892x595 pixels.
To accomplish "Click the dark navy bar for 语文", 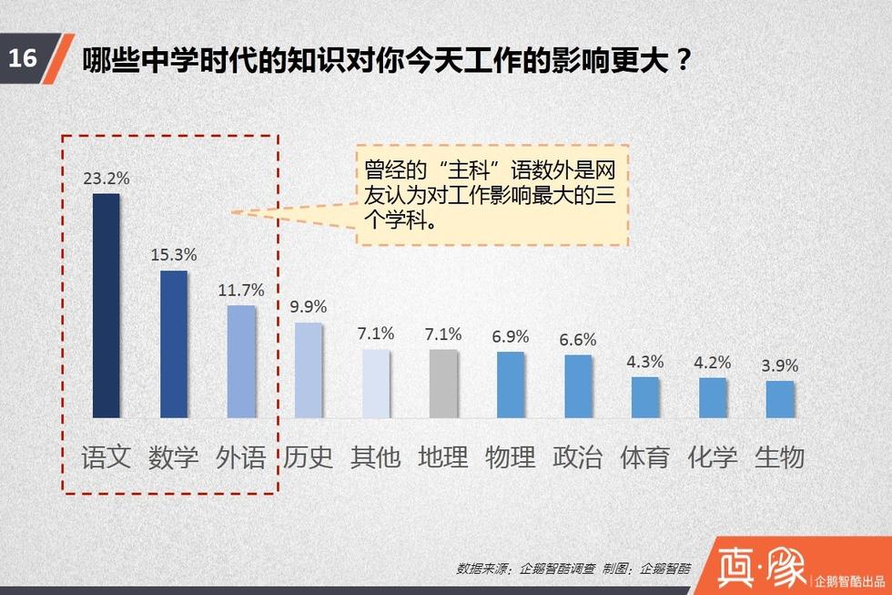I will click(106, 305).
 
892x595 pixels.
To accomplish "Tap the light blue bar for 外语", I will click(241, 361).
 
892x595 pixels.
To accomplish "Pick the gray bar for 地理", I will click(443, 383).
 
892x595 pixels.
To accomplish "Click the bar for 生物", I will click(780, 398).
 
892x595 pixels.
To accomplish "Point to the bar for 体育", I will click(645, 396).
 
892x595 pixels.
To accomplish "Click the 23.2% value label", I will click(106, 179).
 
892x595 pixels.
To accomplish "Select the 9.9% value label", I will click(309, 307).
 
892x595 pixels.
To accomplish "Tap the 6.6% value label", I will click(578, 340).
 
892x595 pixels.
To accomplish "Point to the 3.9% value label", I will click(780, 365).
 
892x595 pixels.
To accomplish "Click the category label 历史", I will click(309, 456).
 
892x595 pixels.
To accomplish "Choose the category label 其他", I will click(376, 456).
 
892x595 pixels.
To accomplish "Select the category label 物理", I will click(511, 456).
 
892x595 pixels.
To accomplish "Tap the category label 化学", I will click(713, 456).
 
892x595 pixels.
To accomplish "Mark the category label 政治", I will click(578, 456).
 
